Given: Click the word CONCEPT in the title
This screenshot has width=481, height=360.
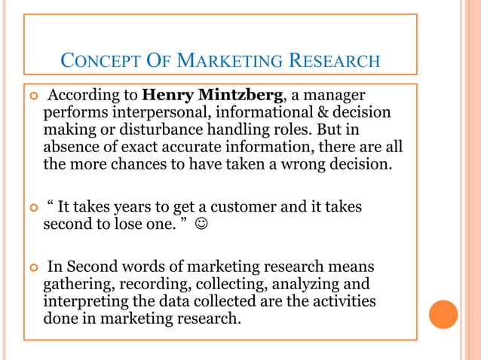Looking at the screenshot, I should pos(90,59).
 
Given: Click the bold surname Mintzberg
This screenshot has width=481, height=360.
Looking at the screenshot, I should pos(239,96).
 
